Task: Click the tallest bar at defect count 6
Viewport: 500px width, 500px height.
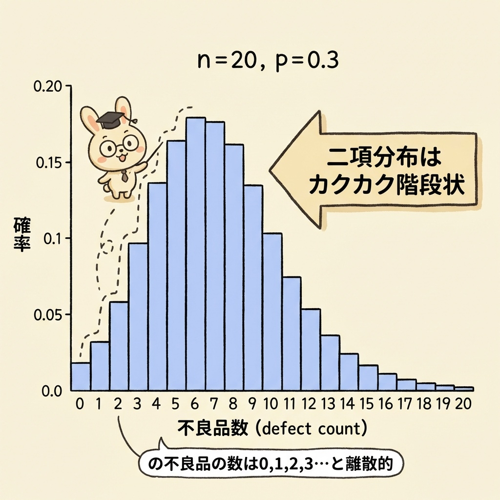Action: [195, 254]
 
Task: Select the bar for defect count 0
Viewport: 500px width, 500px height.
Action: [81, 376]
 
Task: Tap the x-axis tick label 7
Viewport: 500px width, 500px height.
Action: [215, 404]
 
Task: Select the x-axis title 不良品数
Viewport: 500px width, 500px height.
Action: [213, 430]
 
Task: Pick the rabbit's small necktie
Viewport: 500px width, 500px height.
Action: [125, 174]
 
